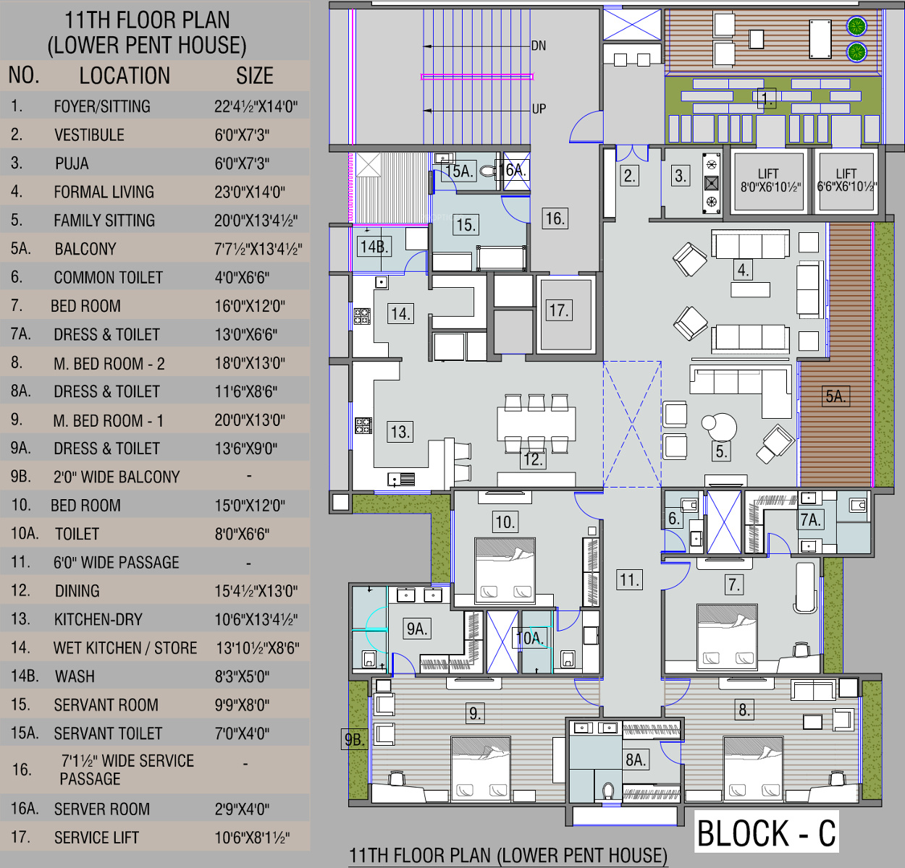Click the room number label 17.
pos(558,310)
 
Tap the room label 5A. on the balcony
pos(835,396)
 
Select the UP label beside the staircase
pos(539,109)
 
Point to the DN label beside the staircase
pos(539,46)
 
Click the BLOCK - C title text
pos(767,833)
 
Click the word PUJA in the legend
pos(72,163)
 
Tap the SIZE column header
pos(254,75)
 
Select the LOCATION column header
pos(125,75)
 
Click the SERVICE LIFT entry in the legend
pos(96,838)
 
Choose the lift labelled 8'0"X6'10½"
pos(769,182)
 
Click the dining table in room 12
pos(536,423)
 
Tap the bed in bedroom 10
pos(505,570)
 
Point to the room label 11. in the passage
pos(630,580)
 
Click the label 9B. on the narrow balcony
pos(354,739)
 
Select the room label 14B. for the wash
pos(374,247)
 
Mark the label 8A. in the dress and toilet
pos(636,759)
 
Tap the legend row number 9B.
pos(21,476)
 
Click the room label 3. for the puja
pos(681,176)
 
